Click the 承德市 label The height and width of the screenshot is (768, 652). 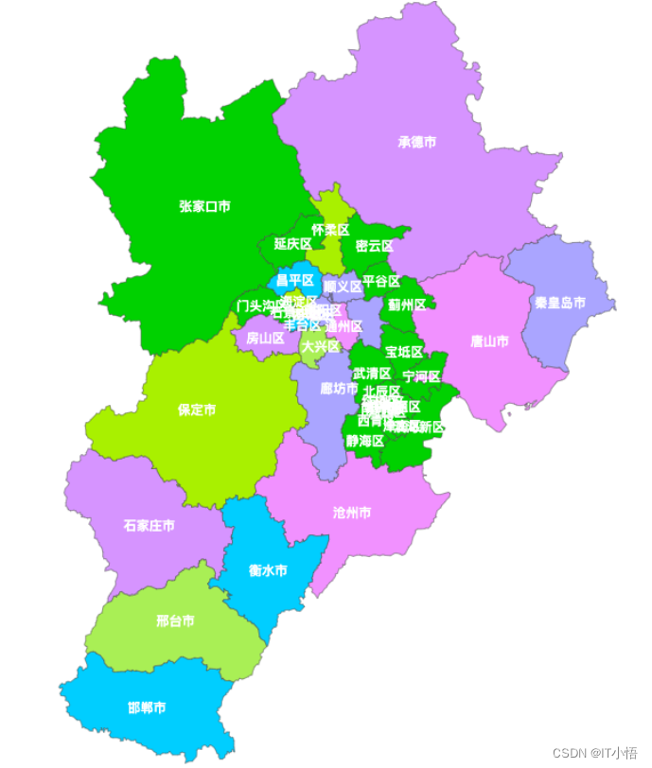(x=417, y=143)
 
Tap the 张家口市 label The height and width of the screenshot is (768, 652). (x=205, y=205)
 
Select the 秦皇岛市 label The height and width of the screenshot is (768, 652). (x=560, y=304)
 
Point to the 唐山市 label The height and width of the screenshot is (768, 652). (x=490, y=340)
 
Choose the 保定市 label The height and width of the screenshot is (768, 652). (x=197, y=410)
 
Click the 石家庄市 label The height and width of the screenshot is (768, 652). (x=149, y=525)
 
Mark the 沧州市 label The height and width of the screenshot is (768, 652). (x=352, y=513)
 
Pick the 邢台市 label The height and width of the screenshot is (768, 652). (x=175, y=621)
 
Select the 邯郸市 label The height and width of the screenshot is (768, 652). (x=147, y=707)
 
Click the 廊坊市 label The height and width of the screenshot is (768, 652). (x=339, y=388)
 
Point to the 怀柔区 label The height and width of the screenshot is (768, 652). (x=331, y=230)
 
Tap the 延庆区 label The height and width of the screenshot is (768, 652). (x=293, y=243)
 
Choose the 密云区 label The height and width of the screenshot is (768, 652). (x=375, y=246)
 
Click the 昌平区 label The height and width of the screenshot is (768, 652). (x=295, y=280)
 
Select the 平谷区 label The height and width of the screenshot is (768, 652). (x=381, y=281)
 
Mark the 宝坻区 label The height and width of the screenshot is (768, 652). (x=404, y=352)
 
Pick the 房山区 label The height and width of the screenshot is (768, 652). (x=266, y=338)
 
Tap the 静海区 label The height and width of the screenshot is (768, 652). (x=364, y=441)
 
